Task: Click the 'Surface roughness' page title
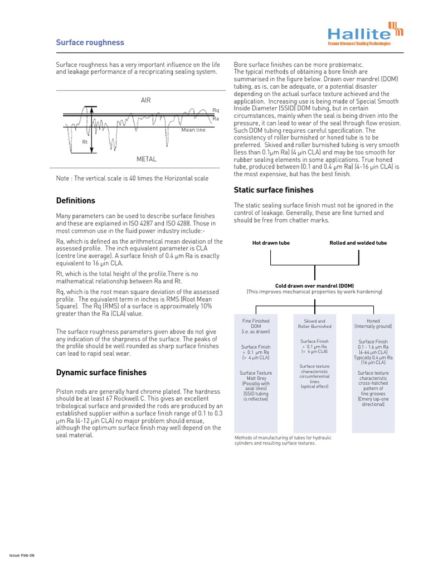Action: click(90, 42)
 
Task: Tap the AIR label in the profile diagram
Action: click(146, 100)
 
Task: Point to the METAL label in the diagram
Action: click(146, 159)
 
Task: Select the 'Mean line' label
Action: click(193, 129)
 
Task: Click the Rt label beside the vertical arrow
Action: click(85, 142)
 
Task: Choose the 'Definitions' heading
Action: click(76, 201)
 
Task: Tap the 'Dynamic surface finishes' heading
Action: click(101, 372)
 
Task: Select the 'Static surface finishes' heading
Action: click(274, 190)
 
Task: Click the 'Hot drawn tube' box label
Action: click(271, 243)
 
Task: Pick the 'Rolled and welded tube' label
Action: click(358, 243)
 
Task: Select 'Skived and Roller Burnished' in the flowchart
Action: click(314, 323)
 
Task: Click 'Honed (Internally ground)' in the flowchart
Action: click(373, 323)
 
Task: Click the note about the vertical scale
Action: click(132, 178)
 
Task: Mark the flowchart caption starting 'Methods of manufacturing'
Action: click(283, 441)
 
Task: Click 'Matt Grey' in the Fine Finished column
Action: click(255, 378)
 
